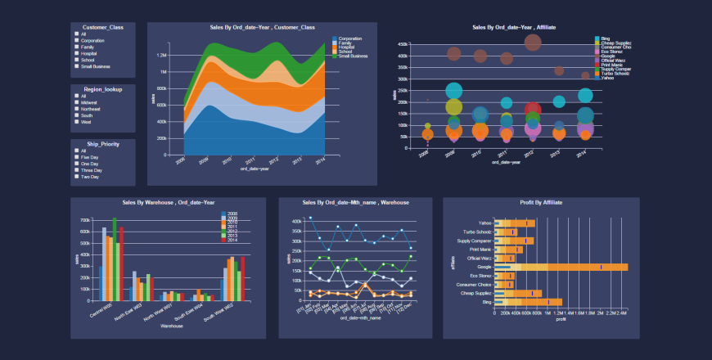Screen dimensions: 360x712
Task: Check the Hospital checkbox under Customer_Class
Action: pos(76,53)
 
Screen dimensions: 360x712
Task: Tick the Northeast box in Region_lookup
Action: pos(76,108)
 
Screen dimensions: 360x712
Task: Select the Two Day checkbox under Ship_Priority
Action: pos(76,177)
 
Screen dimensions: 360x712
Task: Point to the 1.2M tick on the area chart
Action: pos(161,55)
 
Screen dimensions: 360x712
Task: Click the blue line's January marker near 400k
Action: pos(310,218)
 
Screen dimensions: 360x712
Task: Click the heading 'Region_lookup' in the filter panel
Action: pos(102,88)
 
